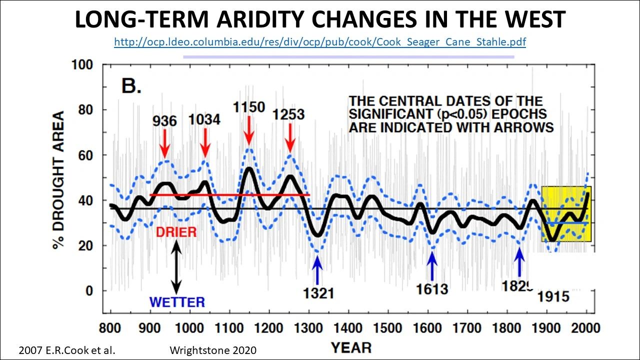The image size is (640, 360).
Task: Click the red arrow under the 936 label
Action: [x=164, y=143]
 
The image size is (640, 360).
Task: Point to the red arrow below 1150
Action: [x=249, y=130]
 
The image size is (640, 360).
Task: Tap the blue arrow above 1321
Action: [x=317, y=270]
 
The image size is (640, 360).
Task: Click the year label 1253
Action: [x=288, y=114]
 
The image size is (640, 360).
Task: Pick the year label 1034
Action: [x=204, y=119]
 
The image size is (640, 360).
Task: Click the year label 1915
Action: [x=553, y=296]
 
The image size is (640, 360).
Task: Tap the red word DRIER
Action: [x=176, y=232]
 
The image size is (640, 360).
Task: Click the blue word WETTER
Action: [x=177, y=302]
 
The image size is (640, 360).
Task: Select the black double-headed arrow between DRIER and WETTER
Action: [x=176, y=267]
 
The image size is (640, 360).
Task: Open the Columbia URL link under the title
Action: [x=320, y=42]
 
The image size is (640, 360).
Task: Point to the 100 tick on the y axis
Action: [x=82, y=64]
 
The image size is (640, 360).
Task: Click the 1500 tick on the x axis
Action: [x=387, y=327]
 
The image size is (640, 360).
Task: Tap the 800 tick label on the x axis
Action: [x=110, y=327]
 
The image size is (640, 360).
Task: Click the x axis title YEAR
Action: [x=351, y=348]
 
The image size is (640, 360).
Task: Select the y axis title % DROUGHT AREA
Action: [x=59, y=180]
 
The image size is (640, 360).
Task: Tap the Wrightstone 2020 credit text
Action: [x=213, y=350]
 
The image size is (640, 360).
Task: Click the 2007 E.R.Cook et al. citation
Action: [x=67, y=350]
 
